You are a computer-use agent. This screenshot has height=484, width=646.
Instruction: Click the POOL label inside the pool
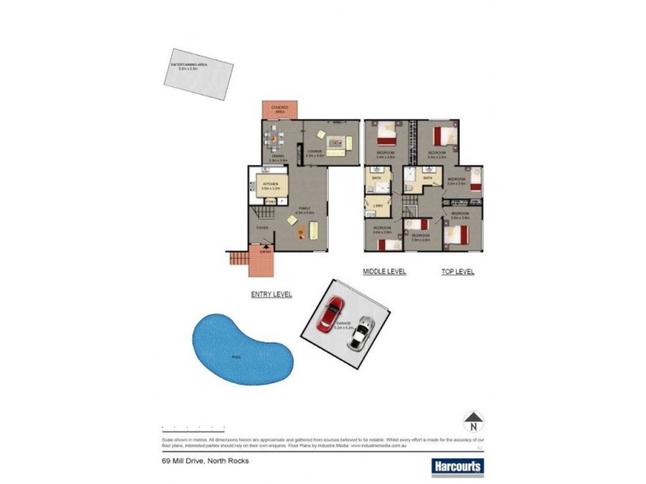[236, 356]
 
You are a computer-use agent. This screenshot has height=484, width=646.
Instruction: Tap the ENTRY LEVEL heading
[271, 294]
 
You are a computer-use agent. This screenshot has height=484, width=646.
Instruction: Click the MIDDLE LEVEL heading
[384, 272]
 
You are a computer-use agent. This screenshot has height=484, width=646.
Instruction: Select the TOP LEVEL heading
[457, 272]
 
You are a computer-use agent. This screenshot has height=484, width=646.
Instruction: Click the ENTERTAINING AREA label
[187, 65]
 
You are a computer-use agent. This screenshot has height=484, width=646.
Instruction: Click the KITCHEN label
[271, 185]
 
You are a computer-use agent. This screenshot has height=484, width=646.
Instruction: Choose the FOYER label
[262, 228]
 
